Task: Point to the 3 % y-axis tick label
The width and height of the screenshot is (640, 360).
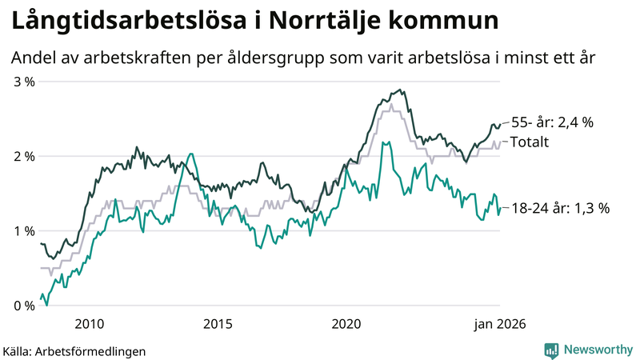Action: pyautogui.click(x=23, y=82)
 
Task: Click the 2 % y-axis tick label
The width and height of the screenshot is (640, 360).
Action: pyautogui.click(x=23, y=156)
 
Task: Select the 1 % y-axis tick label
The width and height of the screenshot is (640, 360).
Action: pyautogui.click(x=23, y=230)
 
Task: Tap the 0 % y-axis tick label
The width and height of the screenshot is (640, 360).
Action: pyautogui.click(x=23, y=305)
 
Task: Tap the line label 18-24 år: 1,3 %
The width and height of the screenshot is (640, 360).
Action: pyautogui.click(x=560, y=208)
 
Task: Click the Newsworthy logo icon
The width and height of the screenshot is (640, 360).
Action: pyautogui.click(x=551, y=350)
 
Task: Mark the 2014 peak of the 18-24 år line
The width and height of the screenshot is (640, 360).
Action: pyautogui.click(x=190, y=154)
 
